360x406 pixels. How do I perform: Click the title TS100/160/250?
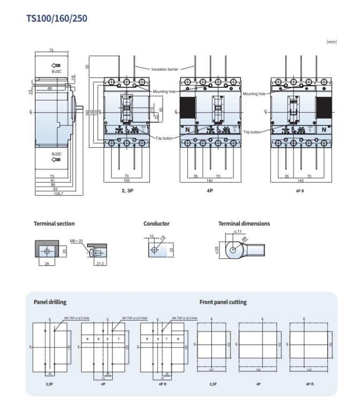(57, 18)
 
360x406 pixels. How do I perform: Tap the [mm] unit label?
(331, 42)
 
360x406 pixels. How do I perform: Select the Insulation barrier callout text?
(165, 69)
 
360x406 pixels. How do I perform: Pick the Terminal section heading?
(54, 224)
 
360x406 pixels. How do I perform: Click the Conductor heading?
(157, 224)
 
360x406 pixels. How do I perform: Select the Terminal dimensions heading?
(244, 224)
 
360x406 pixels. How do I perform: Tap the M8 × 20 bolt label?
(76, 241)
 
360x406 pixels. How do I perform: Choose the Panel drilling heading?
(50, 302)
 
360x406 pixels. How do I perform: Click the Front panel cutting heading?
(223, 302)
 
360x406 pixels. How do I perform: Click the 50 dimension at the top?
(87, 67)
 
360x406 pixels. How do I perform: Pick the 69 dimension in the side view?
(49, 88)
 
